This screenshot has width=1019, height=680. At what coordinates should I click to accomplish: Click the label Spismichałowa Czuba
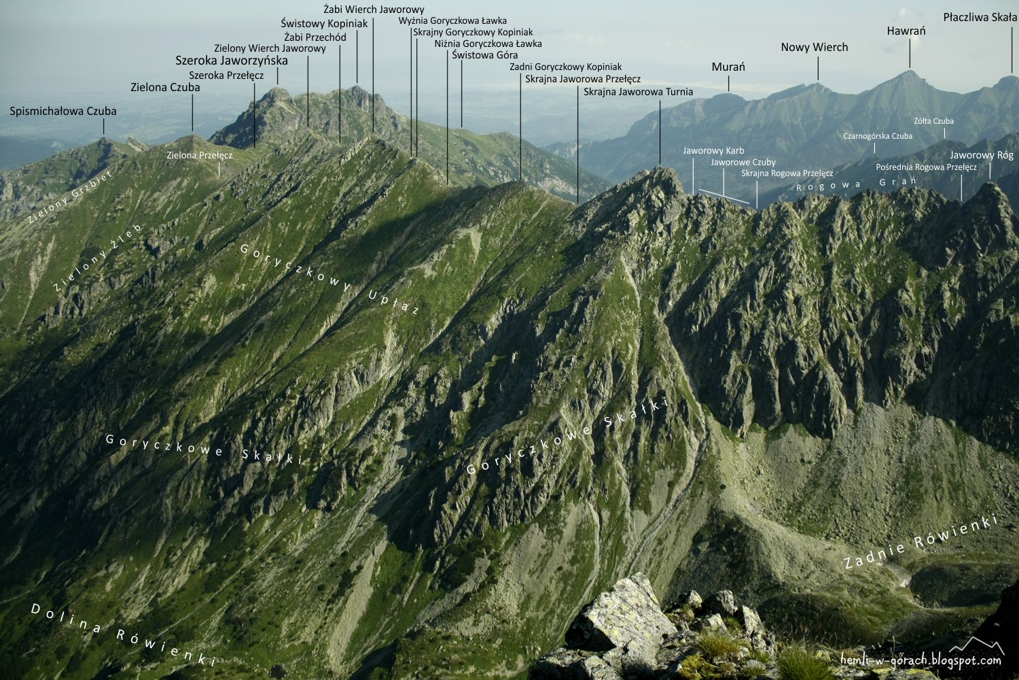(x=63, y=111)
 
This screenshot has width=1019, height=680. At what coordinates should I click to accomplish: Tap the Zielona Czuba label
(x=165, y=87)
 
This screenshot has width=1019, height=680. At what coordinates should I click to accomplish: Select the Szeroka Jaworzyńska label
(x=232, y=61)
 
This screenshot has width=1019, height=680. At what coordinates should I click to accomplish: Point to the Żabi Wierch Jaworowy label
(x=374, y=10)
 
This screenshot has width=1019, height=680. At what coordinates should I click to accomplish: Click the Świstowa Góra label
(x=484, y=55)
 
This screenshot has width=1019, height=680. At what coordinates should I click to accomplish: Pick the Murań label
(x=728, y=67)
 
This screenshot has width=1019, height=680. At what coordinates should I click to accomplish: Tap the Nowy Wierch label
(x=814, y=47)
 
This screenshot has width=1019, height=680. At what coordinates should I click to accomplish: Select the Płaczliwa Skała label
(x=980, y=17)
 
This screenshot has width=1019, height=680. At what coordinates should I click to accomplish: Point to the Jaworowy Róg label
(x=982, y=155)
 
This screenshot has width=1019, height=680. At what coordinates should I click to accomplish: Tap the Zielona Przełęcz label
(x=200, y=155)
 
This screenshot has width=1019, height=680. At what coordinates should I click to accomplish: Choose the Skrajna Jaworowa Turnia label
(x=638, y=92)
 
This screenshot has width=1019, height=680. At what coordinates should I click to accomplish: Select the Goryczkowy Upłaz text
(x=329, y=279)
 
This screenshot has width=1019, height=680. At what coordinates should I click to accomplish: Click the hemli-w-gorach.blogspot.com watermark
(x=920, y=660)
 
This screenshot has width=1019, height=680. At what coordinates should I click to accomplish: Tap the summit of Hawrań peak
(x=909, y=71)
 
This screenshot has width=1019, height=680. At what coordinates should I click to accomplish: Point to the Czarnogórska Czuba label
(x=878, y=136)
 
